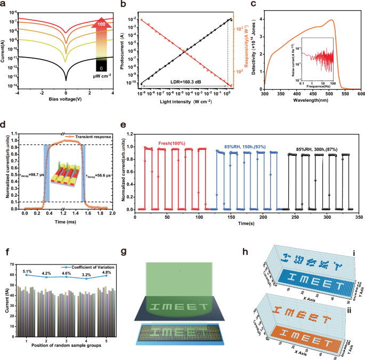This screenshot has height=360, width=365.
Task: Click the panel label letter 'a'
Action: point(4,4)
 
